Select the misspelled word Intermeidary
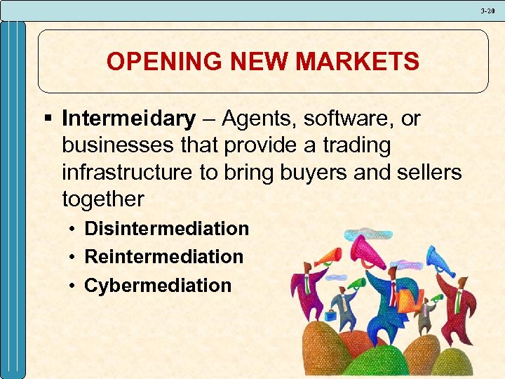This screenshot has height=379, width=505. tap(128, 119)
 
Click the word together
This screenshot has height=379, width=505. tap(102, 199)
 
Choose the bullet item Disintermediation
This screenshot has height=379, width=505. tap(166, 229)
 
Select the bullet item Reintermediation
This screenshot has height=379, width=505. tap(163, 257)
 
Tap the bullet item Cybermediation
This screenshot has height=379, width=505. tap(157, 286)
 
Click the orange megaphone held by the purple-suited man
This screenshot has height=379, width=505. tap(328, 257)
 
